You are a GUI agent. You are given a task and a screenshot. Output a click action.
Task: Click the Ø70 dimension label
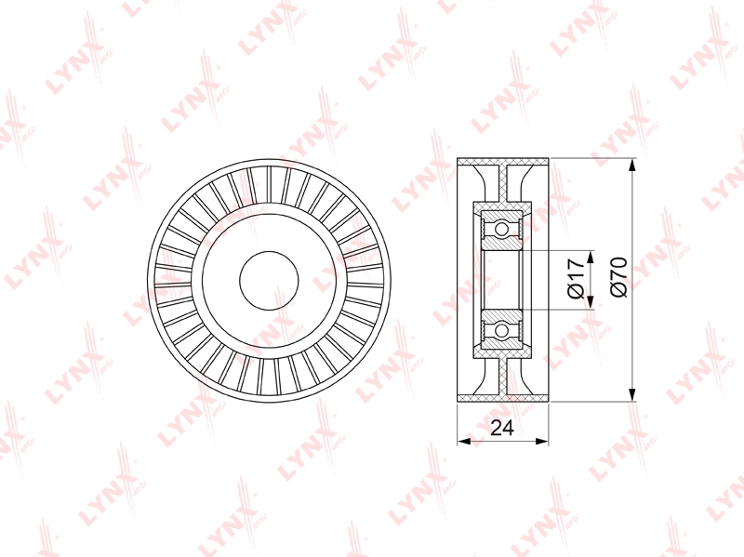618,277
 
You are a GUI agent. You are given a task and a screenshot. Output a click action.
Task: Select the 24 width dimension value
502,428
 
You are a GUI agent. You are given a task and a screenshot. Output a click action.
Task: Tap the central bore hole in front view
269,281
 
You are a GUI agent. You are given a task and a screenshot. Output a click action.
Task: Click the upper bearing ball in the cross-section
501,229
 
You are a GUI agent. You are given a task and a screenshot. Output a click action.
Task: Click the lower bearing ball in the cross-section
501,330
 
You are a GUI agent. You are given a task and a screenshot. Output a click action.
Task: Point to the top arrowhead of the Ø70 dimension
632,166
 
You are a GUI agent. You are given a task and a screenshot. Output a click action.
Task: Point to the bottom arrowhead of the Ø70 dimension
632,395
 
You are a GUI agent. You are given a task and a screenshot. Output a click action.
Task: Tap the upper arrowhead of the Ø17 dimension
591,258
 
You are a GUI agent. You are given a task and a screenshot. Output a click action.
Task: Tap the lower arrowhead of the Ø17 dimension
591,302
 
